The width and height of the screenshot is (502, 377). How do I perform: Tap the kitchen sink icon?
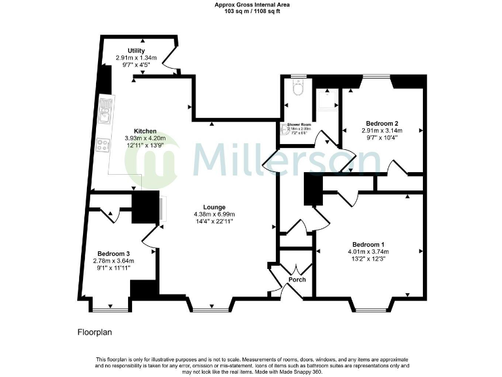[104, 115]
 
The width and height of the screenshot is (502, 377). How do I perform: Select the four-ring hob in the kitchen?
[103, 146]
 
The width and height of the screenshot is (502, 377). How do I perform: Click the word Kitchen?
[145, 130]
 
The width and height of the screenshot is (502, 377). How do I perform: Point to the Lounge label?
[214, 207]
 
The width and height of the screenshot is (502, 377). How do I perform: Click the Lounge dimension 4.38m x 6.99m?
[214, 214]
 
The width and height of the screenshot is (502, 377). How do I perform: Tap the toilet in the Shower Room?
[297, 88]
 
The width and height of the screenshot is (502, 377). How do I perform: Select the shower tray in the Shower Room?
[325, 99]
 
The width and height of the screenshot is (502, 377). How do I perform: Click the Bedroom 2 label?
[382, 123]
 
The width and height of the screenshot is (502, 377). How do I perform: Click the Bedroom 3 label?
[114, 253]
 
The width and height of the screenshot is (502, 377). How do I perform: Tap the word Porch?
[296, 279]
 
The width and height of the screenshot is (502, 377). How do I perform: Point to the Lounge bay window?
[210, 306]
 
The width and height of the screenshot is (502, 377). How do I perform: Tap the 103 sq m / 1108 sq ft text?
[251, 11]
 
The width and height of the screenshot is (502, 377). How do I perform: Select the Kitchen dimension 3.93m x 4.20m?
[145, 138]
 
